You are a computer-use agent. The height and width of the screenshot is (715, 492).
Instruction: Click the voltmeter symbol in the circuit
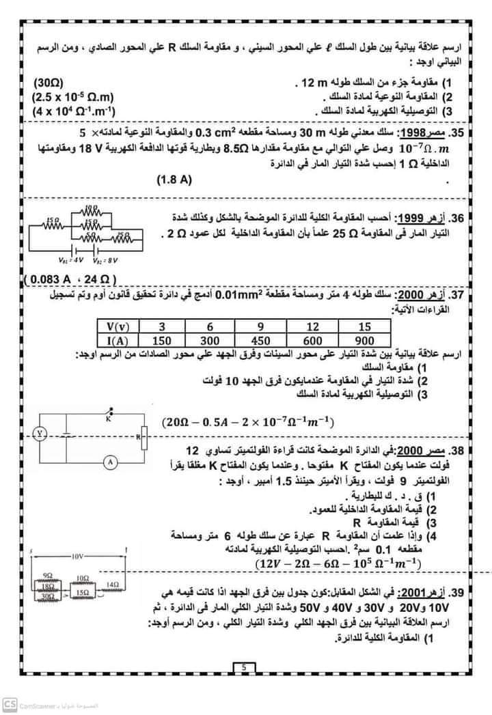[x=40, y=432]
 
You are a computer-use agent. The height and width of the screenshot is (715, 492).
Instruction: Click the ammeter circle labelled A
[x=108, y=462]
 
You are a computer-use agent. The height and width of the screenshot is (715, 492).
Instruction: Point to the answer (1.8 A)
[x=175, y=180]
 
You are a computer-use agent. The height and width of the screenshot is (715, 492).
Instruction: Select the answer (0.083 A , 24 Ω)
[x=71, y=280]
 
